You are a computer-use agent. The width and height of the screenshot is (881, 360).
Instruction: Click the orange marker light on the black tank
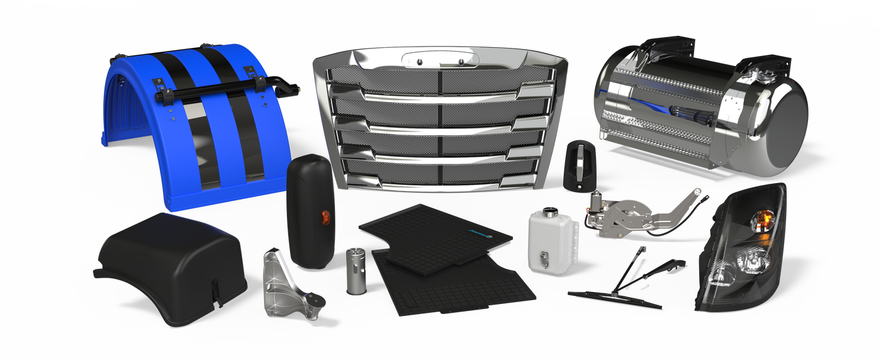tap(325, 217)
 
